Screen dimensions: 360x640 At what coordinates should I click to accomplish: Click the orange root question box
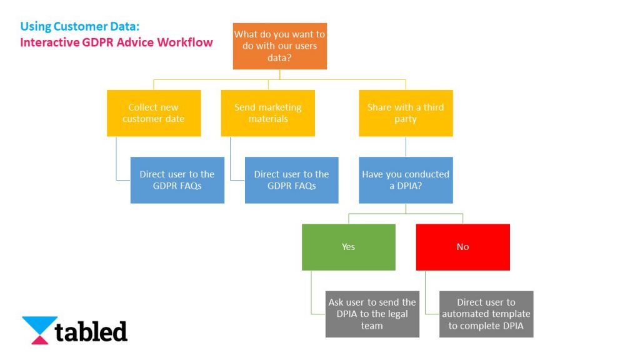pyautogui.click(x=279, y=46)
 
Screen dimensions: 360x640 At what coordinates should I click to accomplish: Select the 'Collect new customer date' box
pyautogui.click(x=154, y=113)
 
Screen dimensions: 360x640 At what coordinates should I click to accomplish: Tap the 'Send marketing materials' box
pyautogui.click(x=267, y=113)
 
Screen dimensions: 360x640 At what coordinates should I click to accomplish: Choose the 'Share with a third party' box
pyautogui.click(x=406, y=113)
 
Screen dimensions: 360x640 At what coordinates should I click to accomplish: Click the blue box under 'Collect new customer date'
pyautogui.click(x=177, y=180)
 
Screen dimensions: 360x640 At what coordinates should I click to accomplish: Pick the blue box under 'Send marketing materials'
pyautogui.click(x=291, y=180)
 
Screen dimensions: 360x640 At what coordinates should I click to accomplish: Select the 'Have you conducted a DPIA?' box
pyautogui.click(x=406, y=180)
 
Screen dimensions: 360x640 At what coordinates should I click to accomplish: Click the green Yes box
pyautogui.click(x=348, y=247)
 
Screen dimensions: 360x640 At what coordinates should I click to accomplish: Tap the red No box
pyautogui.click(x=462, y=247)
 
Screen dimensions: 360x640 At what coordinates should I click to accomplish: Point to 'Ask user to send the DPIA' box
pyautogui.click(x=372, y=314)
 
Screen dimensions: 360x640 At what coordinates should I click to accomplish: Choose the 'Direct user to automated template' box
pyautogui.click(x=486, y=314)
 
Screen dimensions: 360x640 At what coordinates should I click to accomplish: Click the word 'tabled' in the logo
pyautogui.click(x=91, y=331)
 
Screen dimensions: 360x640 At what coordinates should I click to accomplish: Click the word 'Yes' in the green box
pyautogui.click(x=348, y=247)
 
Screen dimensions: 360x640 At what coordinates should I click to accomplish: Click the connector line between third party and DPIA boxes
pyautogui.click(x=406, y=146)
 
